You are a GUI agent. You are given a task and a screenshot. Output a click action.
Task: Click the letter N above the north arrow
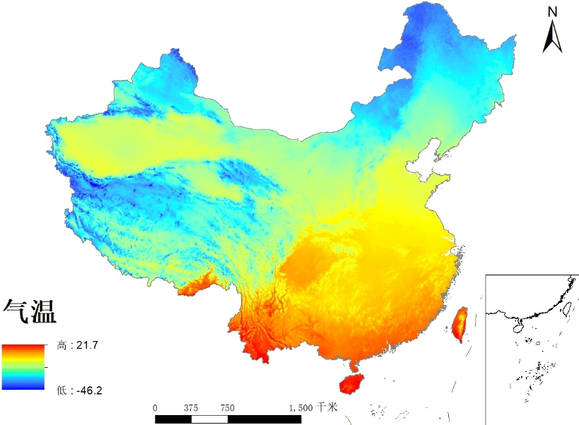coord(553,11)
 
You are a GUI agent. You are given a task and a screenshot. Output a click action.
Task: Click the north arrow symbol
coord(552,37)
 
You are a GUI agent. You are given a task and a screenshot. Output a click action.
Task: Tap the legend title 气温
coord(30,311)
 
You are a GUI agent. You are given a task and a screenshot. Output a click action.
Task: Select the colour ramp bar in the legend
coord(23,367)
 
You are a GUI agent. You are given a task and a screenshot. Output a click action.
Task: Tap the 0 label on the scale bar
coord(155,408)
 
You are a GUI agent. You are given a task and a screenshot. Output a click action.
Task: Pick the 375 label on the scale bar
coord(191,408)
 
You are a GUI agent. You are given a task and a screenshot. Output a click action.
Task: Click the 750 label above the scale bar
coord(228,408)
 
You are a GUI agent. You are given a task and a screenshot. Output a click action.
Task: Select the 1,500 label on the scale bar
coord(301,408)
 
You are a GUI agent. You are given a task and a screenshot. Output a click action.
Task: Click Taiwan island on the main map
coord(460,323)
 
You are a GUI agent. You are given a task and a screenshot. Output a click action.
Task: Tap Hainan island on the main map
coord(351,383)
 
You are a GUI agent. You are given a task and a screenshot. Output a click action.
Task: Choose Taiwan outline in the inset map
coord(566,307)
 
